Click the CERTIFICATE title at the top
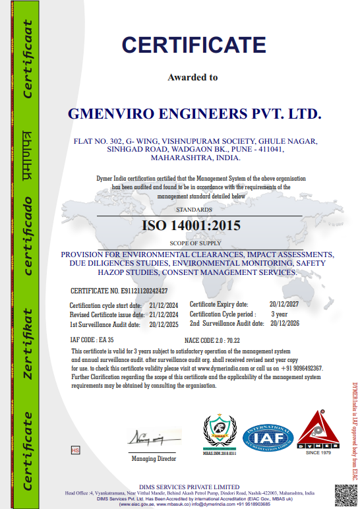[x=193, y=44]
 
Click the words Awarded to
[x=193, y=77]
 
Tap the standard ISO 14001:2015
[x=192, y=225]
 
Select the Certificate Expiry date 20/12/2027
[x=284, y=304]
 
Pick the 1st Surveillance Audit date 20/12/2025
[x=164, y=324]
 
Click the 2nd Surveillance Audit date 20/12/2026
[x=284, y=324]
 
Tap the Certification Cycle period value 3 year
[x=280, y=314]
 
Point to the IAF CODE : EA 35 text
[x=88, y=340]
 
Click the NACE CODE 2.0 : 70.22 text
[x=212, y=340]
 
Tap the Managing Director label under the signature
[x=154, y=458]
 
